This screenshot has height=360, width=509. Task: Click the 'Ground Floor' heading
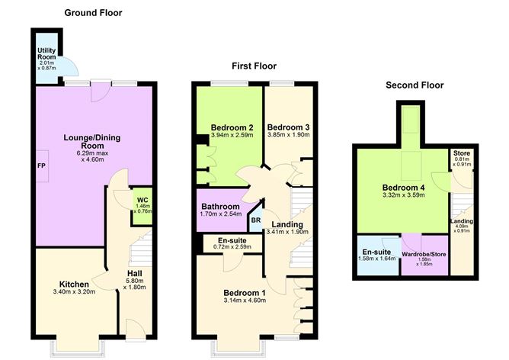(x=93, y=13)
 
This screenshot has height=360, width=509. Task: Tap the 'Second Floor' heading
(x=415, y=85)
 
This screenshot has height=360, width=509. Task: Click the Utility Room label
(x=47, y=55)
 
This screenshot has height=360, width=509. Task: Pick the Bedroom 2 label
(x=226, y=127)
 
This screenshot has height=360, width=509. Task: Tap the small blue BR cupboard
(x=255, y=221)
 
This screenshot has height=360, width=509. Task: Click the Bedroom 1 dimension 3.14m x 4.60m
(x=244, y=303)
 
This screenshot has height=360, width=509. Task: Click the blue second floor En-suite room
(x=376, y=256)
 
